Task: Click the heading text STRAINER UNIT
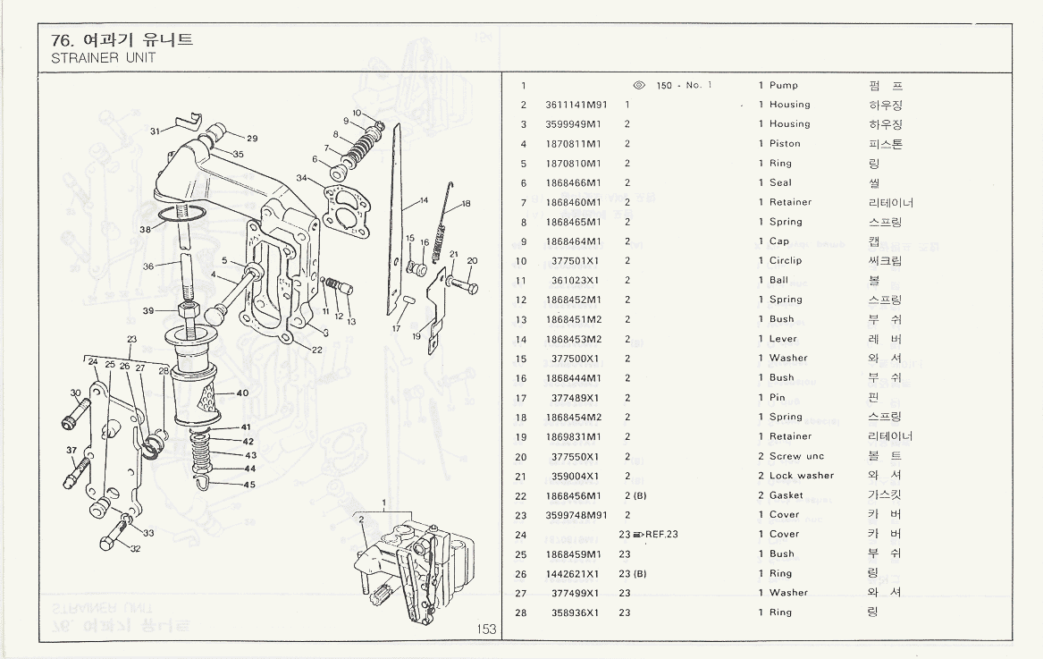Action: tap(104, 57)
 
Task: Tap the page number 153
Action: tap(485, 629)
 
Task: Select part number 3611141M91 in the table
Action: tap(576, 105)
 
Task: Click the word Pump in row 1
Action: tap(784, 86)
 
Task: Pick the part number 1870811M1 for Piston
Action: tap(573, 144)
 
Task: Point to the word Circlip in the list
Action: tap(786, 261)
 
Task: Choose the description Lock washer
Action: tap(801, 476)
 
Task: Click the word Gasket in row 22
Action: tap(786, 495)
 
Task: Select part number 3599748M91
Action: tap(576, 515)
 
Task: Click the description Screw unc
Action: tap(796, 456)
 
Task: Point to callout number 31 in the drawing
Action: tap(156, 131)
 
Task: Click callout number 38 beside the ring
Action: tap(145, 229)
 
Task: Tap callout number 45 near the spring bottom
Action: tap(249, 486)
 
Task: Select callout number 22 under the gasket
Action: tap(316, 350)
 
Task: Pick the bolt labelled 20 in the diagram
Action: tap(464, 286)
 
